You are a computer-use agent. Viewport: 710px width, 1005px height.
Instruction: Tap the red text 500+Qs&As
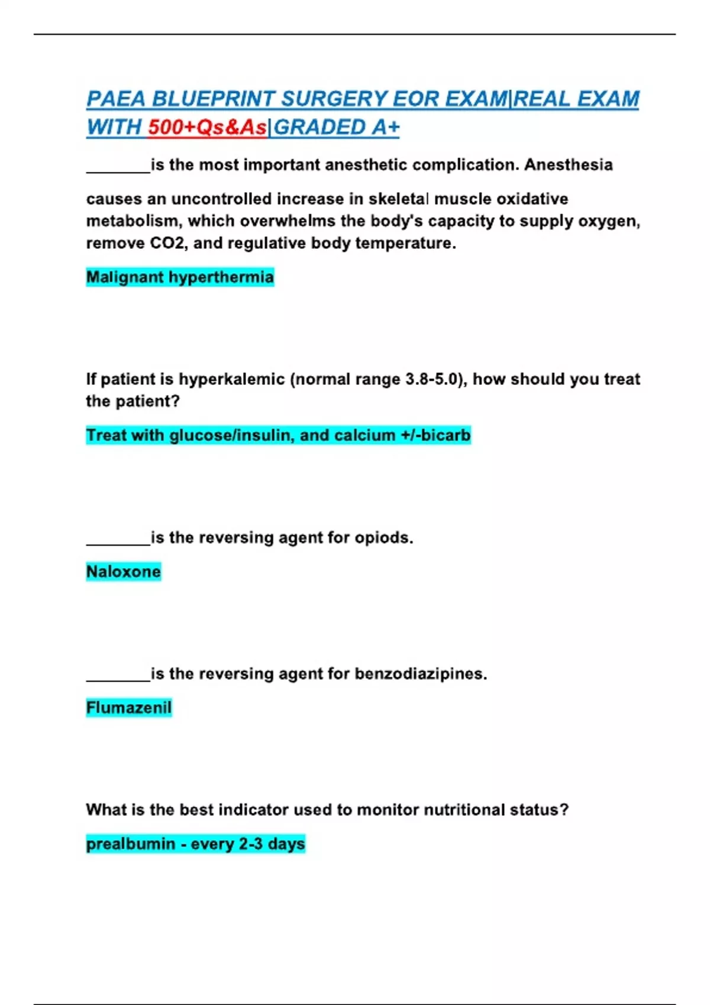[207, 128]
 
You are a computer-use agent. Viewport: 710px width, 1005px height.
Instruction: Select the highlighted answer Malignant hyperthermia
[180, 277]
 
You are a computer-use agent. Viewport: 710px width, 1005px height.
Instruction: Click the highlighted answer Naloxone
[123, 572]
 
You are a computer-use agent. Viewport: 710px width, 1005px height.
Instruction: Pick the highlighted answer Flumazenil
[128, 708]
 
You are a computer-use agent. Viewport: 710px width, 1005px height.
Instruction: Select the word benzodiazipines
[421, 674]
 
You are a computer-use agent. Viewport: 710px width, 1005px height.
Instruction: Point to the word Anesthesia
[568, 165]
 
